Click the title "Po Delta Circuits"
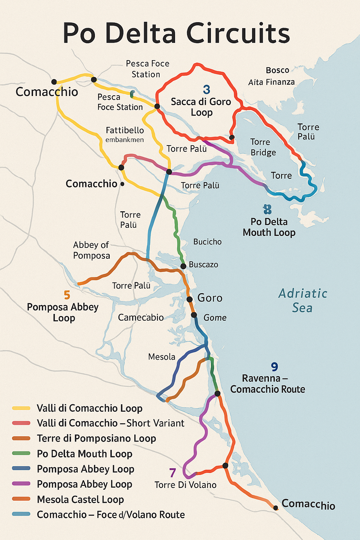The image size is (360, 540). pos(176,33)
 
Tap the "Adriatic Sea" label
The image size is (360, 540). pos(303,301)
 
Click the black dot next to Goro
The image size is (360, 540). pos(189,300)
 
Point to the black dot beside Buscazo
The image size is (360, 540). pos(183,266)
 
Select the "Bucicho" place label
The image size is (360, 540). pos(207,242)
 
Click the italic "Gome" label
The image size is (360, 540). pos(215,318)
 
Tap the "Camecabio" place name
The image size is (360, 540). pos(141,317)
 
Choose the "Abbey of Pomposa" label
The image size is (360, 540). pos(91,250)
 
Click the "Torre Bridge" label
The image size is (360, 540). pos(263,147)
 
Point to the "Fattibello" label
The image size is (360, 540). pos(125,130)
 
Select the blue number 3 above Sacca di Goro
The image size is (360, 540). pos(207,90)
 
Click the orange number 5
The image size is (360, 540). pos(67,295)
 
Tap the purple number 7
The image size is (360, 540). pos(172,473)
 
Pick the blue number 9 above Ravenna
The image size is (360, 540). pos(275,367)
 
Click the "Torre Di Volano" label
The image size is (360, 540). pos(185,485)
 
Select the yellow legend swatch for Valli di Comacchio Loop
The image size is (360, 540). pos(21,408)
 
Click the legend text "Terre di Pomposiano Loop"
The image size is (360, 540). pos(96,438)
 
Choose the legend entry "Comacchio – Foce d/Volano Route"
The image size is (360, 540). pos(111,515)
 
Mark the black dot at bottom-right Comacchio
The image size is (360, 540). pos(276,508)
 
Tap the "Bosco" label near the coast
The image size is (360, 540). pos(277,70)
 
